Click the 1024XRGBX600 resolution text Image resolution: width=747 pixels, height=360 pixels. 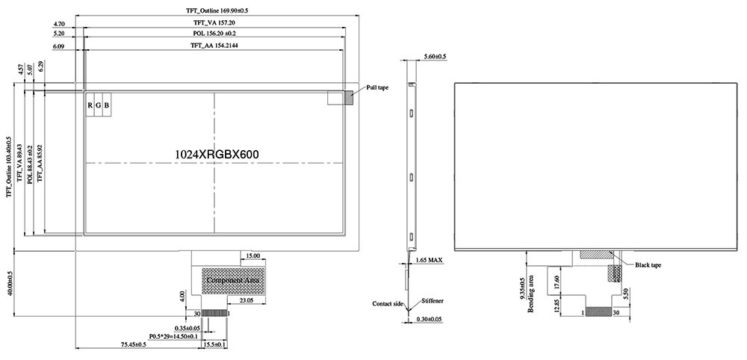(x=217, y=153)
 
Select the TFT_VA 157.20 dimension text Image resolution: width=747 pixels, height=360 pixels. (x=214, y=23)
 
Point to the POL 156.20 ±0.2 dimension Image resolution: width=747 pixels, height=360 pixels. (x=214, y=34)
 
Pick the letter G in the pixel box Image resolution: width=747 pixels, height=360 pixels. (x=98, y=105)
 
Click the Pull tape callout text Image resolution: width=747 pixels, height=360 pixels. (x=377, y=87)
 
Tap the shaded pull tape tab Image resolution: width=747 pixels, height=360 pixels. (x=348, y=97)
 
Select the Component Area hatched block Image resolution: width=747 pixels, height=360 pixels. (x=233, y=279)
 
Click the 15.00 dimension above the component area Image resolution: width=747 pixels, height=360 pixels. (x=252, y=256)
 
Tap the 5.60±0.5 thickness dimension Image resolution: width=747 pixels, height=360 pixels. (x=435, y=57)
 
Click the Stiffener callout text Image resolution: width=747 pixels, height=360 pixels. (x=432, y=300)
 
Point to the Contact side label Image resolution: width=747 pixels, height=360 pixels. (x=388, y=304)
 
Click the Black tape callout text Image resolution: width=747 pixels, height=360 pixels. (x=648, y=265)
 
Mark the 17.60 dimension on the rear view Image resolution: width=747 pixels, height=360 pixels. (x=557, y=282)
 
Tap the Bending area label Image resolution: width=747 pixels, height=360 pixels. (x=532, y=294)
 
